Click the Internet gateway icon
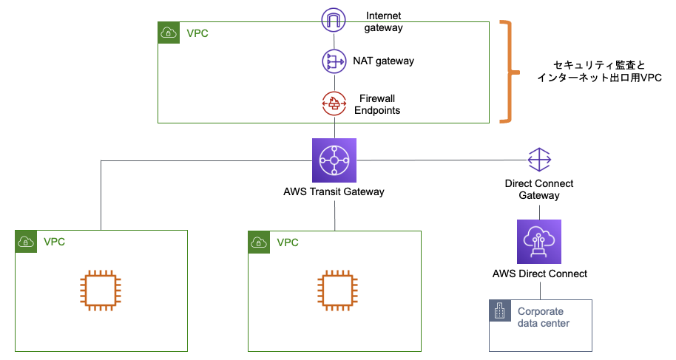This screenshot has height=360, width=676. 334,20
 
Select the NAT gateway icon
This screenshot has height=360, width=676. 334,61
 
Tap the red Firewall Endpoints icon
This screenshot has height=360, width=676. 334,103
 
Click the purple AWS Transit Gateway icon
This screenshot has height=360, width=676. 334,160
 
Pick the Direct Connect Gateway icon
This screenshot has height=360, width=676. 539,160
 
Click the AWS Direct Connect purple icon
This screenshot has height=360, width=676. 538,241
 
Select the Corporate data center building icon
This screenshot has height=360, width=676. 500,311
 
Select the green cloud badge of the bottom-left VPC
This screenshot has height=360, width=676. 26,242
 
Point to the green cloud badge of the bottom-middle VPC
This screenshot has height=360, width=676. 259,242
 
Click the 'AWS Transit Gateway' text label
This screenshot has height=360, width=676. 334,192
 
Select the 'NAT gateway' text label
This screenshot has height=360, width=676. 383,61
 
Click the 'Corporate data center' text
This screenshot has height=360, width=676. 544,317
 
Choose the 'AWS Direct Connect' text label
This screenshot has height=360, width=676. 539,274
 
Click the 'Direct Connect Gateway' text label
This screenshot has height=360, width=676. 539,189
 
